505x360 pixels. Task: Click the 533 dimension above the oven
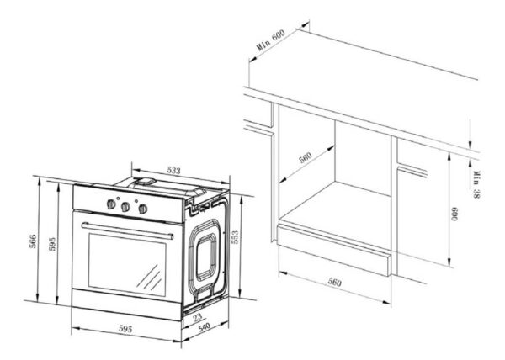click(x=173, y=170)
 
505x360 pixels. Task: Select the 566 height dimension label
click(x=33, y=241)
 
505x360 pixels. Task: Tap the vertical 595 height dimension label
click(x=52, y=244)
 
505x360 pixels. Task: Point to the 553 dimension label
click(x=235, y=237)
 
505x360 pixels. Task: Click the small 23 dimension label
click(x=197, y=318)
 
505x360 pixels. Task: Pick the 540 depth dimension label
click(x=205, y=328)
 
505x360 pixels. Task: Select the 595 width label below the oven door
click(x=125, y=329)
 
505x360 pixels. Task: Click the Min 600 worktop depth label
click(x=271, y=40)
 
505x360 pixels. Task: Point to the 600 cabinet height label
click(x=454, y=214)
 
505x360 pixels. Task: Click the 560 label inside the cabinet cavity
click(x=305, y=157)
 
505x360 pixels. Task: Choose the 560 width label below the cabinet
click(x=335, y=282)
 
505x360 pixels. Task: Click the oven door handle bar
click(x=127, y=230)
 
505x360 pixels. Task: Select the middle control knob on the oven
click(x=125, y=207)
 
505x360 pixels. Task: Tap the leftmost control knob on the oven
click(x=111, y=204)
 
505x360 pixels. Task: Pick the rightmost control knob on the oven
click(x=143, y=209)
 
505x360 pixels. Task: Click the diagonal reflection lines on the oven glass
click(x=149, y=277)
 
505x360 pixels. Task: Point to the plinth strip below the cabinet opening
click(x=333, y=250)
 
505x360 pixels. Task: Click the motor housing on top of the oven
click(x=145, y=183)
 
